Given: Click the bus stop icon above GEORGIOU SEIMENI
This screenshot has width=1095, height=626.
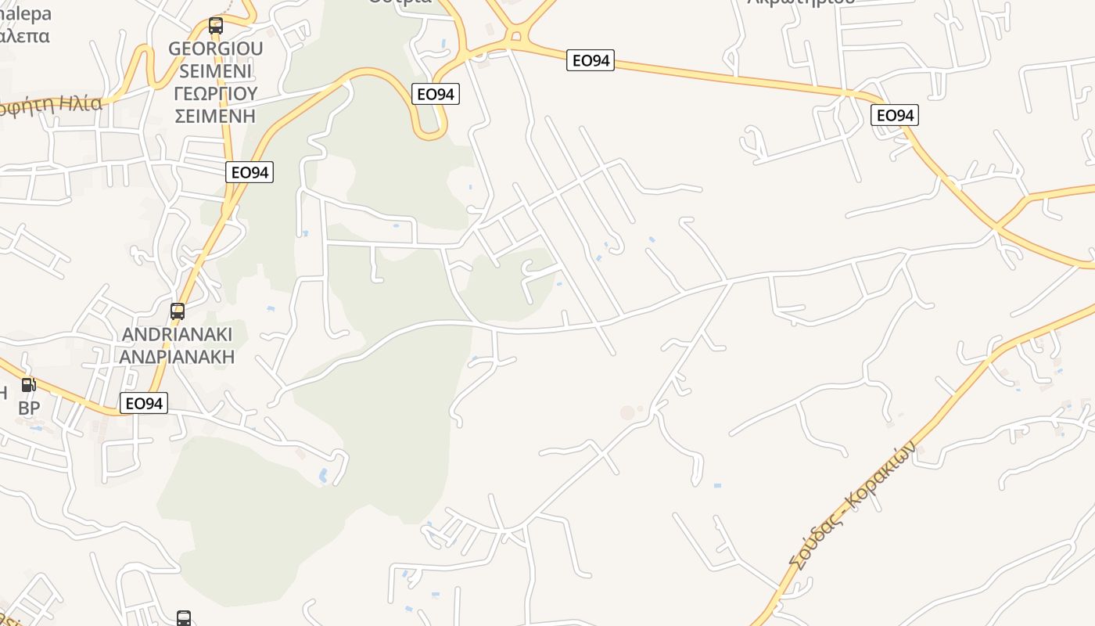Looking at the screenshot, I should pyautogui.click(x=216, y=25).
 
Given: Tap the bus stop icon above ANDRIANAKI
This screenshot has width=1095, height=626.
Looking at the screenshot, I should pyautogui.click(x=178, y=311).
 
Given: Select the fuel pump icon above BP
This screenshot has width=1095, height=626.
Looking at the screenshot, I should pyautogui.click(x=28, y=384).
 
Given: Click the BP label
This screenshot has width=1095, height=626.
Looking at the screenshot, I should pyautogui.click(x=29, y=408).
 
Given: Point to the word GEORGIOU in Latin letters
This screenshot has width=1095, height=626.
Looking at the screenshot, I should pyautogui.click(x=216, y=49).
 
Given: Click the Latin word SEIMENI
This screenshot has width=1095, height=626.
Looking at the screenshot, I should pyautogui.click(x=216, y=71).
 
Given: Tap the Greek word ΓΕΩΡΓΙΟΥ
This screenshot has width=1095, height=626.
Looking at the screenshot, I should pyautogui.click(x=216, y=94).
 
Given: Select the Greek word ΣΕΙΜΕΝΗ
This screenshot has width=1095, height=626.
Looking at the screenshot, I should pyautogui.click(x=216, y=117).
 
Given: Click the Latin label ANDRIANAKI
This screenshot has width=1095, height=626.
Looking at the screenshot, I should pyautogui.click(x=178, y=335).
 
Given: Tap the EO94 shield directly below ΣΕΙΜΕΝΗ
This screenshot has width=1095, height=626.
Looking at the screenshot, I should pyautogui.click(x=250, y=172).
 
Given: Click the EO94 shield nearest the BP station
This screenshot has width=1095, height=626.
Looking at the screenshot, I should pyautogui.click(x=144, y=403).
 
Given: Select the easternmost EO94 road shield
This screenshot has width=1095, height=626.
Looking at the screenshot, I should pyautogui.click(x=895, y=116).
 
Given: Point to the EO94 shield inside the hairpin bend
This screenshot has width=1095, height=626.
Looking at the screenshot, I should pyautogui.click(x=436, y=94).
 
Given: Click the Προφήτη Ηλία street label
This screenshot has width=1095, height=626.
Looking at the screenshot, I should pyautogui.click(x=52, y=104).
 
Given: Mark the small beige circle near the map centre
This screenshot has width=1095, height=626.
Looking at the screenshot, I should pyautogui.click(x=627, y=412).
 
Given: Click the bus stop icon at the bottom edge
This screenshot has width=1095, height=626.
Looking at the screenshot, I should pyautogui.click(x=184, y=618).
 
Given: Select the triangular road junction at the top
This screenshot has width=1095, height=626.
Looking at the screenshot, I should pyautogui.click(x=514, y=34).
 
